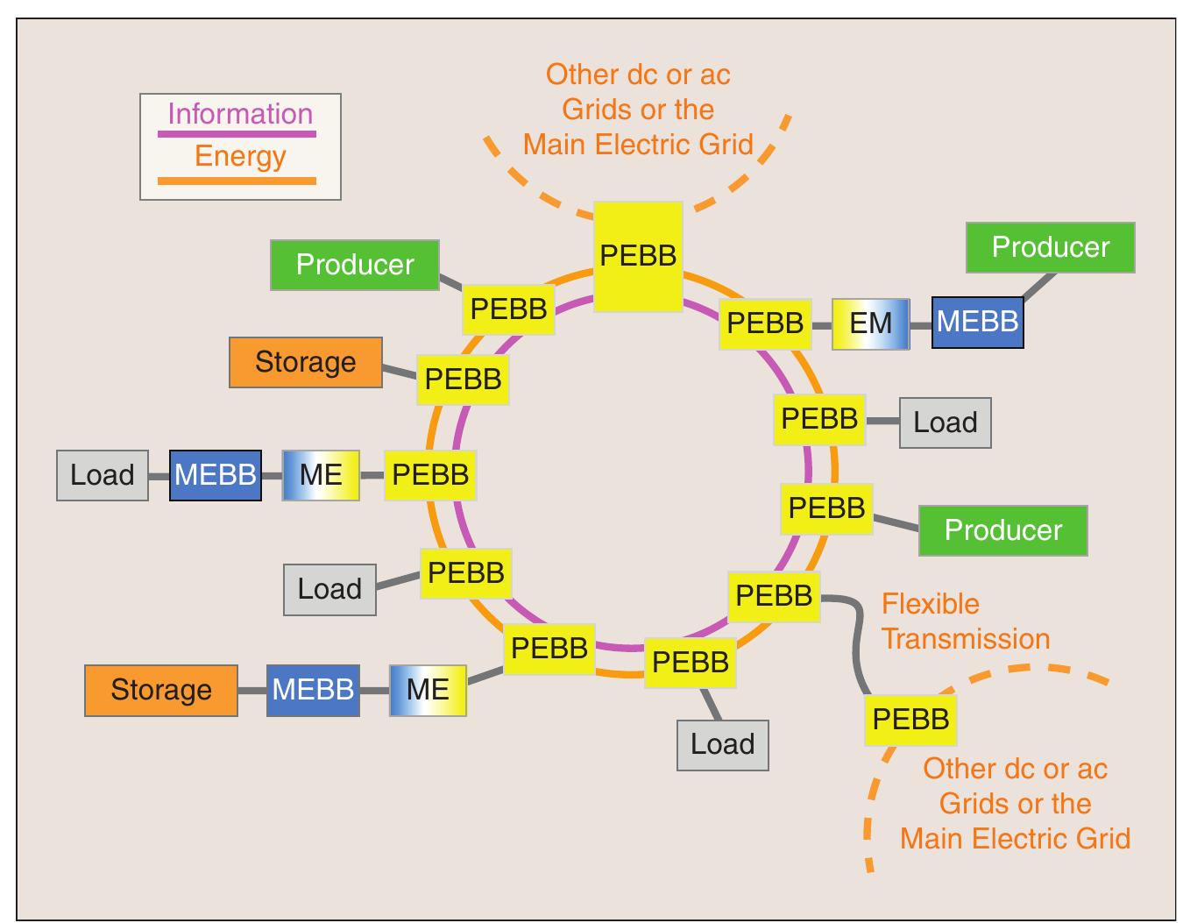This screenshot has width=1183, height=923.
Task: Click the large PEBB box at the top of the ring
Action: coord(638,256)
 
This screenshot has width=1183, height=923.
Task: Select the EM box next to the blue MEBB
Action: coord(870,323)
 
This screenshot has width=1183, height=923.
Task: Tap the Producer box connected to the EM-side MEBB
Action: coord(1050,247)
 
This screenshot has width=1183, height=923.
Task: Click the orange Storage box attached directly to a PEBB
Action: coord(306,362)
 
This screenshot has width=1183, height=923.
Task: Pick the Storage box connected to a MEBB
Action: coord(161,690)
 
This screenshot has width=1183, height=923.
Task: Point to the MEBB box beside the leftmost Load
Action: coord(216,475)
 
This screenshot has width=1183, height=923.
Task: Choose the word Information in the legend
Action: coord(240,114)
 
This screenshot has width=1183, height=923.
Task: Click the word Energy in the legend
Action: coord(240,156)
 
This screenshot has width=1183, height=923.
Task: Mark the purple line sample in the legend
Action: coord(237,134)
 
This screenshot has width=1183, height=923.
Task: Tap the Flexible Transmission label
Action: coord(965,621)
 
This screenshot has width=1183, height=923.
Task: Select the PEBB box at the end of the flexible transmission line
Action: coord(910,720)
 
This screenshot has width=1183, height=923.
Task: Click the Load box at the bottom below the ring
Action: coord(722,745)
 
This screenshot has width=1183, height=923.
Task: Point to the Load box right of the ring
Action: coord(945,422)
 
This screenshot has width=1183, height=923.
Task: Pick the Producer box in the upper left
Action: coord(355,265)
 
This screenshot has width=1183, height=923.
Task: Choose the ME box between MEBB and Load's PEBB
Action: coord(321,475)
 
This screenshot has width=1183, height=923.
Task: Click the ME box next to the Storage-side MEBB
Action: coord(428,690)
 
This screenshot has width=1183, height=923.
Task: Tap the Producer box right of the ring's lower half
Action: coord(1002,530)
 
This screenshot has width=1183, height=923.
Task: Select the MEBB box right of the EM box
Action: coord(977,323)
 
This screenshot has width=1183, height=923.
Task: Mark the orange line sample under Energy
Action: coord(237,181)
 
